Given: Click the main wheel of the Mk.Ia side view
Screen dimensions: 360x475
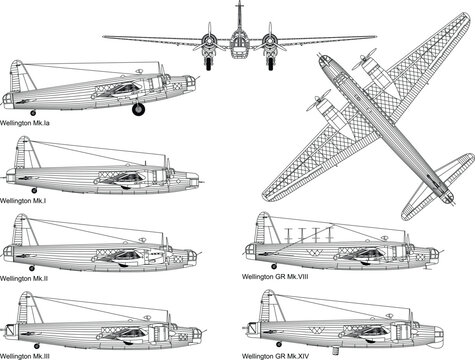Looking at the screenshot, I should pos(138,109).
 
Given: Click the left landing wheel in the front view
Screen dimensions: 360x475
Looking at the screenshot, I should pos(208,62).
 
